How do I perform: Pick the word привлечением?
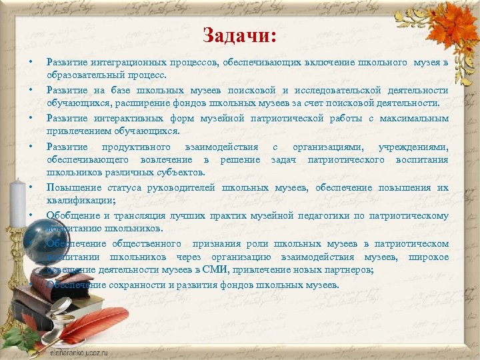pos(75,131)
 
